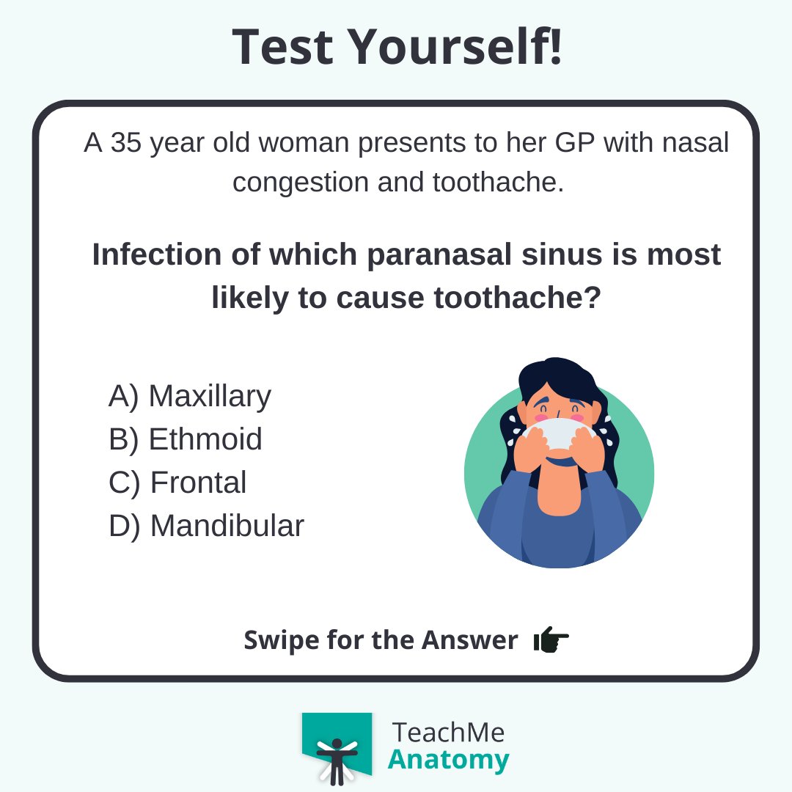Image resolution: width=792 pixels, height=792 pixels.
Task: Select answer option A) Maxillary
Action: [x=190, y=396]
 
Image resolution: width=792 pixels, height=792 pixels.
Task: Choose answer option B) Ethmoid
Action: [x=186, y=439]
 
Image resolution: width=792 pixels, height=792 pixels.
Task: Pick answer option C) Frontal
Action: [x=177, y=483]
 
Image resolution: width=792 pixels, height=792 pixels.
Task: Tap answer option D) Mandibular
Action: [x=206, y=526]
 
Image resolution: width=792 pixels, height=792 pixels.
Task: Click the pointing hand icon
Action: [x=551, y=640]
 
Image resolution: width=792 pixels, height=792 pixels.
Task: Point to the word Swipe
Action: [x=276, y=640]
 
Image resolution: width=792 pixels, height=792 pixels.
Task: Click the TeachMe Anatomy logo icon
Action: [x=337, y=748]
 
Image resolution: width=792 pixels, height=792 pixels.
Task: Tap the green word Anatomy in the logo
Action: [x=448, y=760]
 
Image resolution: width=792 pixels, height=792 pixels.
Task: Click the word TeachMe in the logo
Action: [x=448, y=732]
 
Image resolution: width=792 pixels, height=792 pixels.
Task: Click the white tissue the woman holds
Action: [x=557, y=432]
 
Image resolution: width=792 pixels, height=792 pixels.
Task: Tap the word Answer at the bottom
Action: [x=469, y=640]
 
